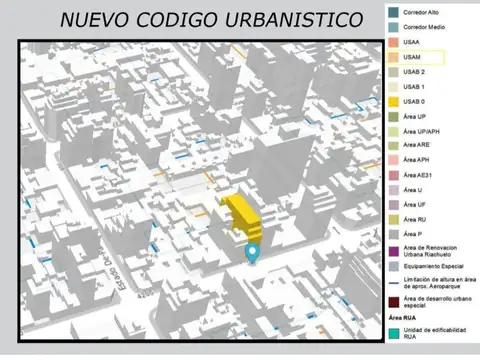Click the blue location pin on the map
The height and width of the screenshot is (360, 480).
pyautogui.click(x=253, y=253)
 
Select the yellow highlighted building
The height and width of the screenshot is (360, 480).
pyautogui.click(x=241, y=212)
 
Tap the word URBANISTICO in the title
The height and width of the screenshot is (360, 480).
pyautogui.click(x=289, y=19)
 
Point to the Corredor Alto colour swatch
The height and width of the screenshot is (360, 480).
pyautogui.click(x=393, y=13)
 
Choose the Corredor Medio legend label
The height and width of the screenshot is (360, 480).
pyautogui.click(x=426, y=28)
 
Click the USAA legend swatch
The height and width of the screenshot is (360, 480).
pyautogui.click(x=393, y=43)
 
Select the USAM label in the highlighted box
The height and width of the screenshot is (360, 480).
pyautogui.click(x=412, y=58)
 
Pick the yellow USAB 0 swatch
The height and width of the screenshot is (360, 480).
pyautogui.click(x=393, y=102)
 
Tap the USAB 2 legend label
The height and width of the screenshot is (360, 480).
pyautogui.click(x=414, y=73)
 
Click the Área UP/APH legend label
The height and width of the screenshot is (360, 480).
pyautogui.click(x=420, y=132)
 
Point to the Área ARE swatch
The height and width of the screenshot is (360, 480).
pyautogui.click(x=393, y=146)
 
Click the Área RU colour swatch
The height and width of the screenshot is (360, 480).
pyautogui.click(x=393, y=219)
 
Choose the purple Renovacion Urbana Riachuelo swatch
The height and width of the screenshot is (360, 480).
pyautogui.click(x=393, y=250)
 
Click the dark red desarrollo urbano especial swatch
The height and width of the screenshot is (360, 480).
pyautogui.click(x=393, y=302)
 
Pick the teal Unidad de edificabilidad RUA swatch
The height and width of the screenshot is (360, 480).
pyautogui.click(x=393, y=333)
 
